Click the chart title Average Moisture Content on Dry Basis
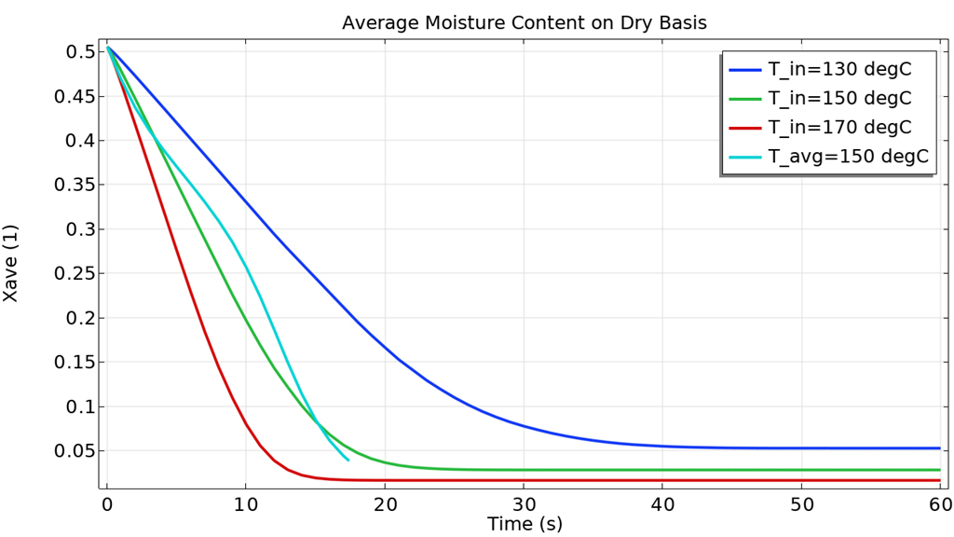(525, 22)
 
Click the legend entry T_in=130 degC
(838, 69)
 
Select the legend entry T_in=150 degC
(838, 98)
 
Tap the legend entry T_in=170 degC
(838, 127)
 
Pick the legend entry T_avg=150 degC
(847, 157)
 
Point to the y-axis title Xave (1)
(11, 262)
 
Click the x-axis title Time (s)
(525, 524)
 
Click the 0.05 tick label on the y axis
(67, 451)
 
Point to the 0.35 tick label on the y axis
(67, 185)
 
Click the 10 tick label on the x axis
(245, 504)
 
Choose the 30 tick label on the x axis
(524, 504)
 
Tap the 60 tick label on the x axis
(939, 504)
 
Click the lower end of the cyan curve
(348, 460)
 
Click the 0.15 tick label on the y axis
(67, 363)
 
